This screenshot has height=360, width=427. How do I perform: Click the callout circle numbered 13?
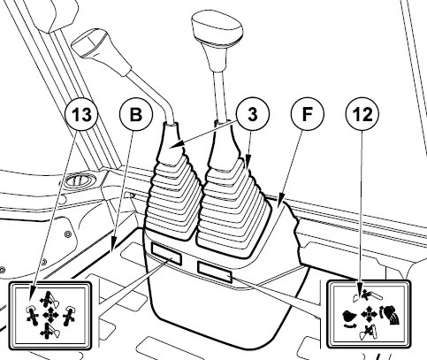(x=81, y=114)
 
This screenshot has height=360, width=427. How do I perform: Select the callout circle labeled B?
(x=136, y=114)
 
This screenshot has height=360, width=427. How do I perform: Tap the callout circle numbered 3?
(x=253, y=114)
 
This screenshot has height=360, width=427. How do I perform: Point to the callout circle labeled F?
(x=307, y=114)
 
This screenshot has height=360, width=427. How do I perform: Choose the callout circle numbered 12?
(x=362, y=114)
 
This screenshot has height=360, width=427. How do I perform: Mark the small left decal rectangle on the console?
(x=166, y=253)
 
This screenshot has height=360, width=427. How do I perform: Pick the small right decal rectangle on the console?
(x=215, y=272)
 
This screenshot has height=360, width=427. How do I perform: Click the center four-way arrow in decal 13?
(x=50, y=316)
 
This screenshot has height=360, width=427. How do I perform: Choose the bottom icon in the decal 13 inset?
(x=49, y=331)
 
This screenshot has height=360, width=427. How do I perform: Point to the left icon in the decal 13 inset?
(x=32, y=316)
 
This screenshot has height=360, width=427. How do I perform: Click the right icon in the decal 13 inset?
(x=68, y=316)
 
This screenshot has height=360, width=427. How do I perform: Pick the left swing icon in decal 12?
(x=349, y=318)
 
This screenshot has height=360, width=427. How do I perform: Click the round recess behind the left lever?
(x=80, y=180)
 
